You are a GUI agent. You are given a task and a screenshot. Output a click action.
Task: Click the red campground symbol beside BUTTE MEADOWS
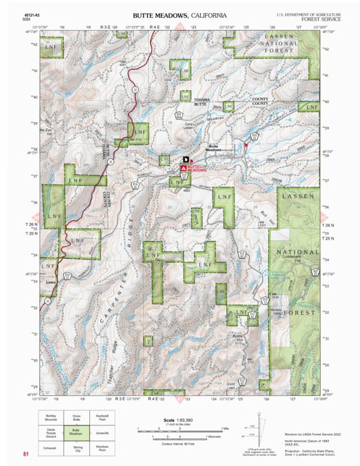[184, 167]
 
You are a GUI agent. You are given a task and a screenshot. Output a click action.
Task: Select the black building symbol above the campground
[185, 159]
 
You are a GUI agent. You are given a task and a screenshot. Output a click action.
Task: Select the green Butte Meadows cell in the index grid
[77, 432]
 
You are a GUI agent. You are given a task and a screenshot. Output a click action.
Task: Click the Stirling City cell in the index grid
[77, 448]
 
